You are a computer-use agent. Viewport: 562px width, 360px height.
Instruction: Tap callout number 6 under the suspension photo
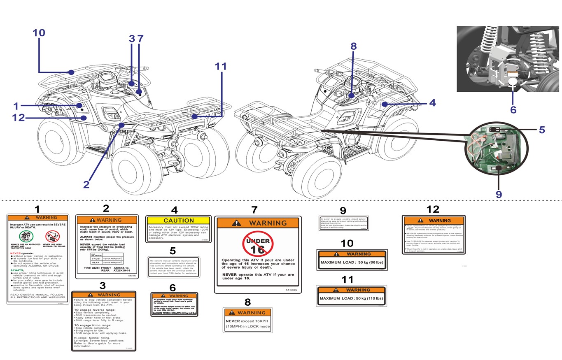tap(513, 109)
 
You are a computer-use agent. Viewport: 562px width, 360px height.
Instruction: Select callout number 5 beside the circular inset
tap(542, 130)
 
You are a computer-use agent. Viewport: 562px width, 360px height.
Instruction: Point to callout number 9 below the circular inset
tap(499, 194)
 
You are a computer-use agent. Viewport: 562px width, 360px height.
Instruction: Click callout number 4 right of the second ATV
tap(432, 103)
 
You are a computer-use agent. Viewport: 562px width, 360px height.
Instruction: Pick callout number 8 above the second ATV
tap(353, 46)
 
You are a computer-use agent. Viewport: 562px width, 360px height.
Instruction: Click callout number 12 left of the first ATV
tap(19, 118)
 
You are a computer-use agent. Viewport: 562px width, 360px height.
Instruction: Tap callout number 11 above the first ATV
tap(221, 66)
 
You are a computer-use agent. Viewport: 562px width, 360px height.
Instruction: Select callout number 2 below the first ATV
tap(86, 185)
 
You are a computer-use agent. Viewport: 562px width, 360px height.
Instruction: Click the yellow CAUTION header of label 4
tap(178, 221)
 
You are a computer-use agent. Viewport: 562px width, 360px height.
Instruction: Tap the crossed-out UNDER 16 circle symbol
tap(258, 244)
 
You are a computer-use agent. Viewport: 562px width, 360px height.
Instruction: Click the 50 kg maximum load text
tap(351, 298)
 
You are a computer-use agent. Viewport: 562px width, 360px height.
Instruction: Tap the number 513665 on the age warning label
tap(291, 290)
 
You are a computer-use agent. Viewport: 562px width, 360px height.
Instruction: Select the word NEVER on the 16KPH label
tap(234, 321)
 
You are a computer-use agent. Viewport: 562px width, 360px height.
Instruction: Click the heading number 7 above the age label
tap(254, 210)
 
